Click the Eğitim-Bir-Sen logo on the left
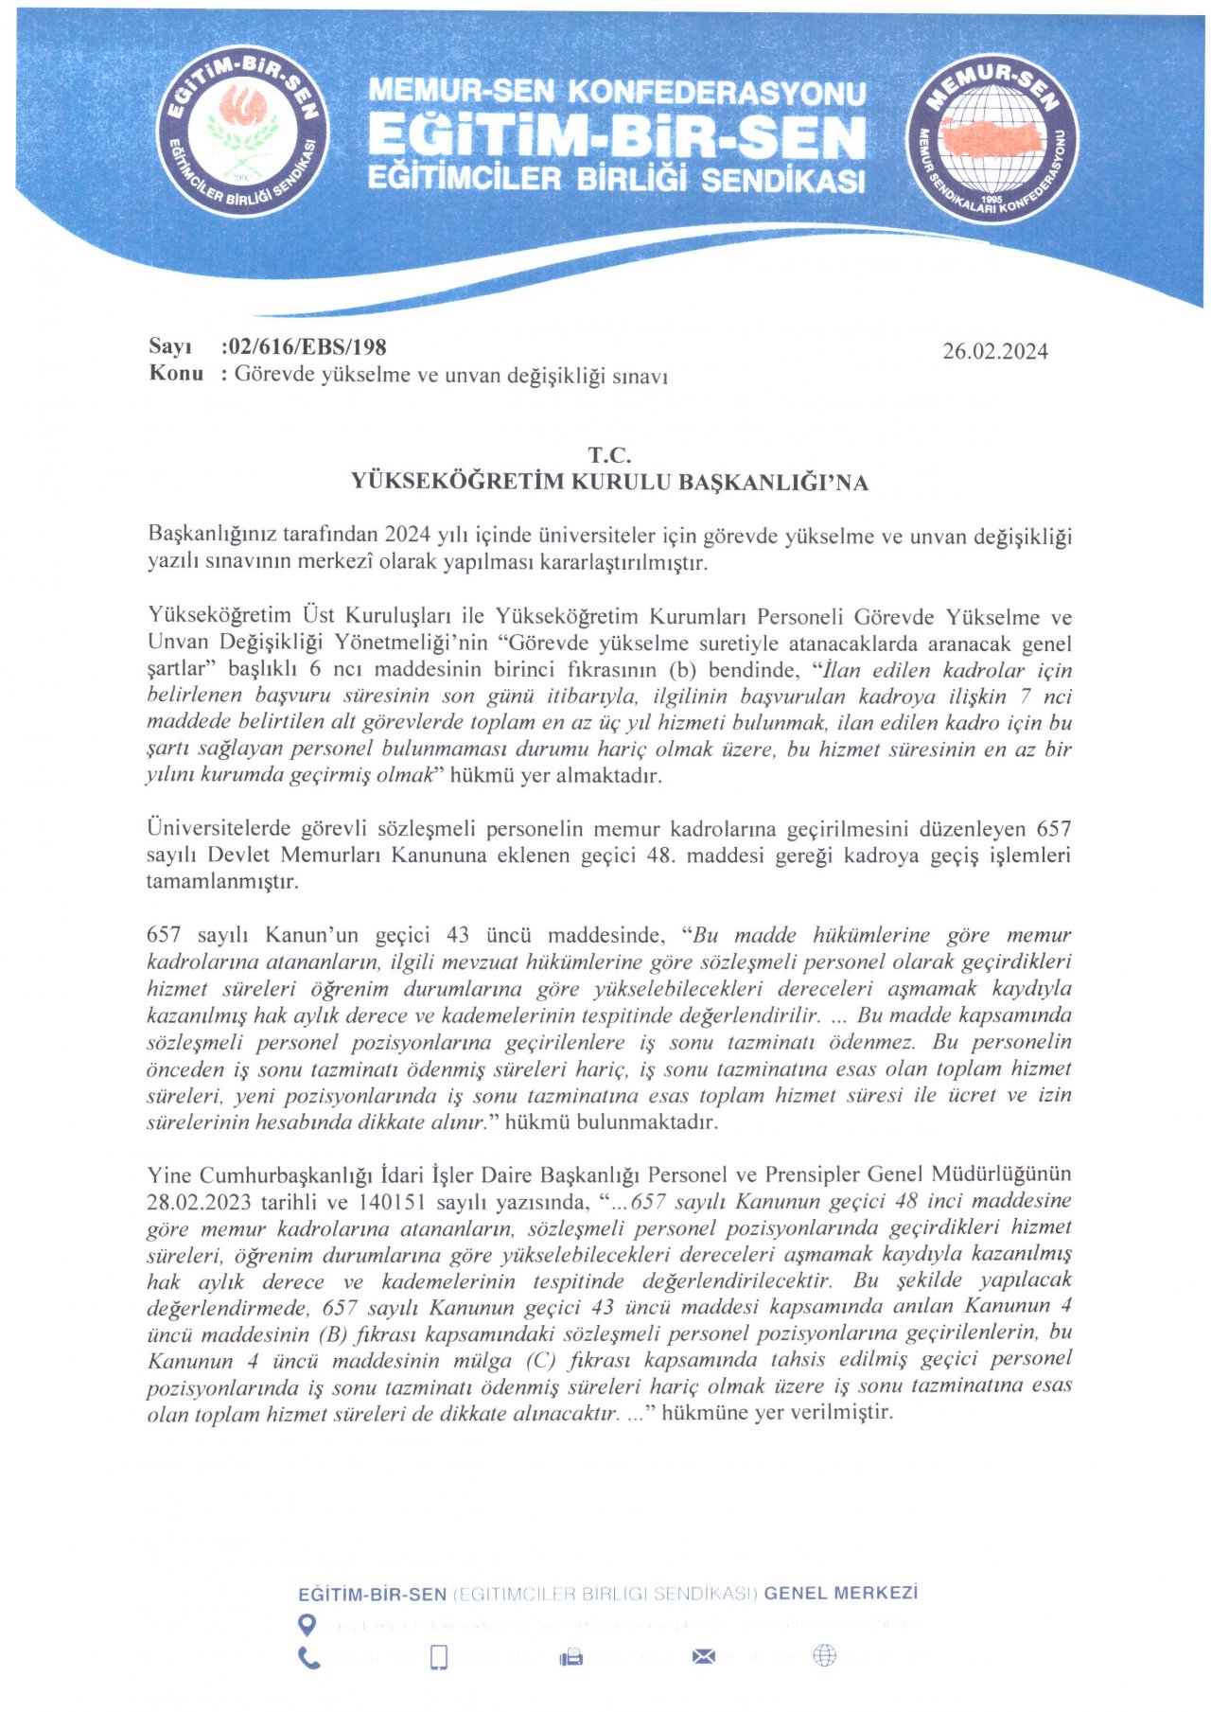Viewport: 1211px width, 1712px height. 242,131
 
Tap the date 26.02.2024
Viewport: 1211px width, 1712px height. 994,352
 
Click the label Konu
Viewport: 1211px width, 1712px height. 176,373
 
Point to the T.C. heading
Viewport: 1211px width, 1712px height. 609,455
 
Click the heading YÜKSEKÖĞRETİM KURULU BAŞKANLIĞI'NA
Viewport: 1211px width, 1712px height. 609,483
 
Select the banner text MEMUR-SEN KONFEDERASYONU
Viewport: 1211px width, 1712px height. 617,92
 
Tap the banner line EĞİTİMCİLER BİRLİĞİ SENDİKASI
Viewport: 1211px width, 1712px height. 616,179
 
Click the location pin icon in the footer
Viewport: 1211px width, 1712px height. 307,1625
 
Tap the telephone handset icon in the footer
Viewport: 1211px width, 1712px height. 309,1658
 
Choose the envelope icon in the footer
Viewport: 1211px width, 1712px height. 704,1656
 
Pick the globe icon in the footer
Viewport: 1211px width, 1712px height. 825,1655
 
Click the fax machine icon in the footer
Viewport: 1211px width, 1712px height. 571,1657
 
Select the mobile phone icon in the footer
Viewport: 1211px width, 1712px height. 439,1657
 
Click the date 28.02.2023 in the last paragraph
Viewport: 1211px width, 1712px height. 199,1202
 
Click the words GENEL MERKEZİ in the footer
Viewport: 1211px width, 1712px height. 840,1593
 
